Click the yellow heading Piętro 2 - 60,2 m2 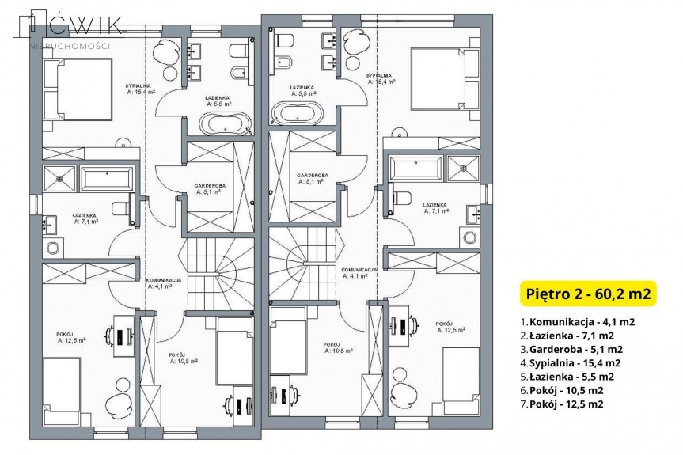(587, 294)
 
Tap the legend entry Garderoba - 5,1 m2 (573, 349)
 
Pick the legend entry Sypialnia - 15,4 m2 (571, 362)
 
